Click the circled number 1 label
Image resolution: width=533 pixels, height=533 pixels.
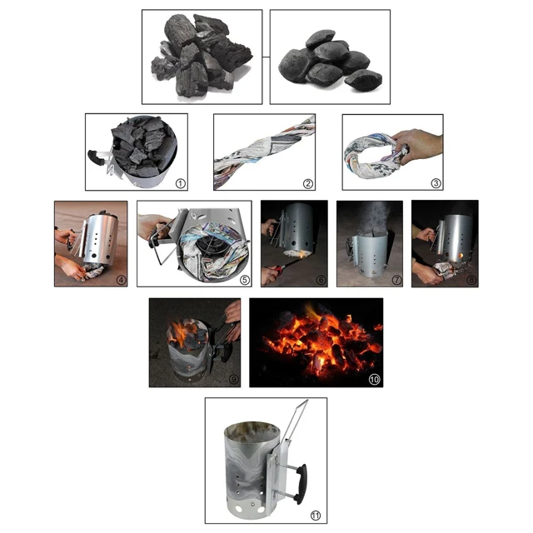[180, 182]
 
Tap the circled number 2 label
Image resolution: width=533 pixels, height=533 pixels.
[308, 182]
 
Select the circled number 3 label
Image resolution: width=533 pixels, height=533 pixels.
[435, 182]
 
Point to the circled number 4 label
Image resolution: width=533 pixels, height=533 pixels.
[121, 279]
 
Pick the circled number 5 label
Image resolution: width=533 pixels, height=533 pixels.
[244, 279]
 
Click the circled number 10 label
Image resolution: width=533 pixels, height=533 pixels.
[374, 380]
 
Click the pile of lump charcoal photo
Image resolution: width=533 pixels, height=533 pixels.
[201, 56]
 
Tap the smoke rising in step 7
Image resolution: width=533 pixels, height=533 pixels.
[370, 219]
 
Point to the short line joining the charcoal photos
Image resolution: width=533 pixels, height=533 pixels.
[266, 57]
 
